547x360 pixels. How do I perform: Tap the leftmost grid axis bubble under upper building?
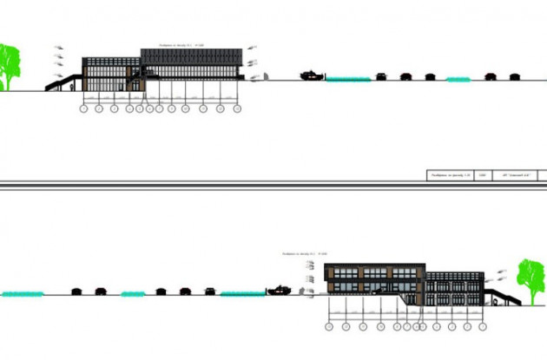tap(83, 109)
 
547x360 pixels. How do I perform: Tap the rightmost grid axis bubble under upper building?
tap(236, 109)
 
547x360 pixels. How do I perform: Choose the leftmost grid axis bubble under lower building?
tap(328, 326)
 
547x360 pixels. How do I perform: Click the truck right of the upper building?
tap(310, 75)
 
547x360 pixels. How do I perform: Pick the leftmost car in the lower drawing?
tap(76, 291)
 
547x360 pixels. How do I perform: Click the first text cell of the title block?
tap(450, 175)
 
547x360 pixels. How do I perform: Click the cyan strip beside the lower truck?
tap(242, 294)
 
